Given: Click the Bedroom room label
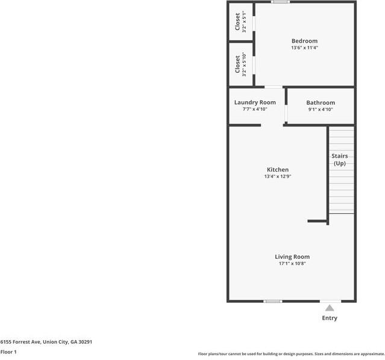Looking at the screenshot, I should pos(304,41).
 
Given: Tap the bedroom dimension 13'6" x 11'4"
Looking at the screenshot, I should pos(304,48).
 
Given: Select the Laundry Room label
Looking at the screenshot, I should pos(255,102).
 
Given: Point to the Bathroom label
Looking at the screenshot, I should pos(320,103).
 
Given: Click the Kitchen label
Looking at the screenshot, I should pos(278,170).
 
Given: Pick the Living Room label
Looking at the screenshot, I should pos(292,256).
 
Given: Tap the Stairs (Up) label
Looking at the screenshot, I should pos(340,160).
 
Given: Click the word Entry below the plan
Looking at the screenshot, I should pos(330,318).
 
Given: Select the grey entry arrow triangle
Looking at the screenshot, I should pos(330,308).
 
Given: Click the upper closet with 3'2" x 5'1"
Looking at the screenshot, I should pos(240,22).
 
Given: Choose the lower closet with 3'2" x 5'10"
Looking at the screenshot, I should pos(240,63).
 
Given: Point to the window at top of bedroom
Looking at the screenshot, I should pos(280,2).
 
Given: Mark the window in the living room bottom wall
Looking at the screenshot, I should pos(273,301).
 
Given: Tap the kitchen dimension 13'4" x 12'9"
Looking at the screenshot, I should pos(278,177).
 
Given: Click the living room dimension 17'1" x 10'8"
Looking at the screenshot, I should pos(292,264).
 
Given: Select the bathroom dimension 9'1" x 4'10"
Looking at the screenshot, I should pos(320,110).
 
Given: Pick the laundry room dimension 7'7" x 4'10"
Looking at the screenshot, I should pos(255,109).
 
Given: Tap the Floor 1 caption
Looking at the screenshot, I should pos(8,352).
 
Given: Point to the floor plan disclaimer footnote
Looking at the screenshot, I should pos(291,354).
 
